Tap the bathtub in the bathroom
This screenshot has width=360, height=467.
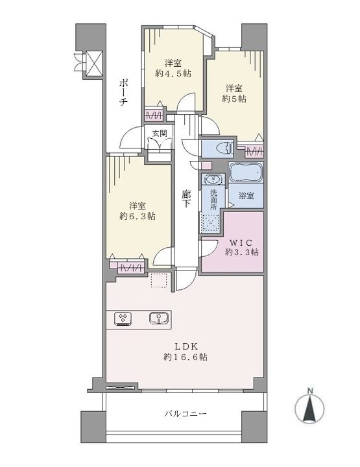coord(246,173)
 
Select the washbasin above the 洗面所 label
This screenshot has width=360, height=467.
coord(213,180)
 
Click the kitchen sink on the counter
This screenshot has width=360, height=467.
coord(160,318)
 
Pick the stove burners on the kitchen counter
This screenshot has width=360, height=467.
coord(123,318)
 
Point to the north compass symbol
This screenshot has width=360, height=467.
coord(309,407)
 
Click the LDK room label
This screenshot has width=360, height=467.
coord(186,346)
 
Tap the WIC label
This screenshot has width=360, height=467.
coord(241,242)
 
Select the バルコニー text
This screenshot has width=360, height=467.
coord(186,414)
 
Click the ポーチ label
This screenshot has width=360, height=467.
coord(123,93)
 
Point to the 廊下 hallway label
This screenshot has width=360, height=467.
coord(186,199)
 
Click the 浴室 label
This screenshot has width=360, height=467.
coord(246,196)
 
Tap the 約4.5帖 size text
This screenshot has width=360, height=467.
coord(173,73)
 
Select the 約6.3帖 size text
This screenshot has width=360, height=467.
coord(138,217)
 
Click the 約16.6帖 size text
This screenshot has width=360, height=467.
coord(186,357)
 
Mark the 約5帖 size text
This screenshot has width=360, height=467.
coord(234,99)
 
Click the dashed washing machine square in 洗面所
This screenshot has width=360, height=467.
coord(211,222)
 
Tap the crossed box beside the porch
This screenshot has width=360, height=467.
coord(94,63)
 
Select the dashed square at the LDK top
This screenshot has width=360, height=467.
coord(160,280)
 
